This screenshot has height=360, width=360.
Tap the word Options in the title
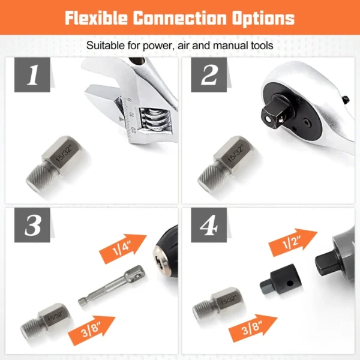[x=265, y=18]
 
